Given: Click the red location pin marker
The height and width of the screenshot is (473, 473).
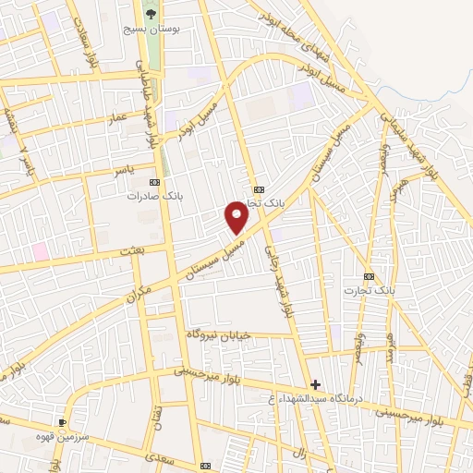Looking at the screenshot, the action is [x=237, y=216].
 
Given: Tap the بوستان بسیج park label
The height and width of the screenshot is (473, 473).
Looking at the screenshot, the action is [x=152, y=30].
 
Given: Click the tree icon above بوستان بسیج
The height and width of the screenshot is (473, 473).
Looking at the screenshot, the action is [x=152, y=13].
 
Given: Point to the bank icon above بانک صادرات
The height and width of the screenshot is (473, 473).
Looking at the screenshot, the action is [x=153, y=182].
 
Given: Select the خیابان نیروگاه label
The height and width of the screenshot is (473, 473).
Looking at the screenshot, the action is [x=219, y=334].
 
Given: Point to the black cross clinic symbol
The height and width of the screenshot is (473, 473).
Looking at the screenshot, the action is [x=316, y=383].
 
